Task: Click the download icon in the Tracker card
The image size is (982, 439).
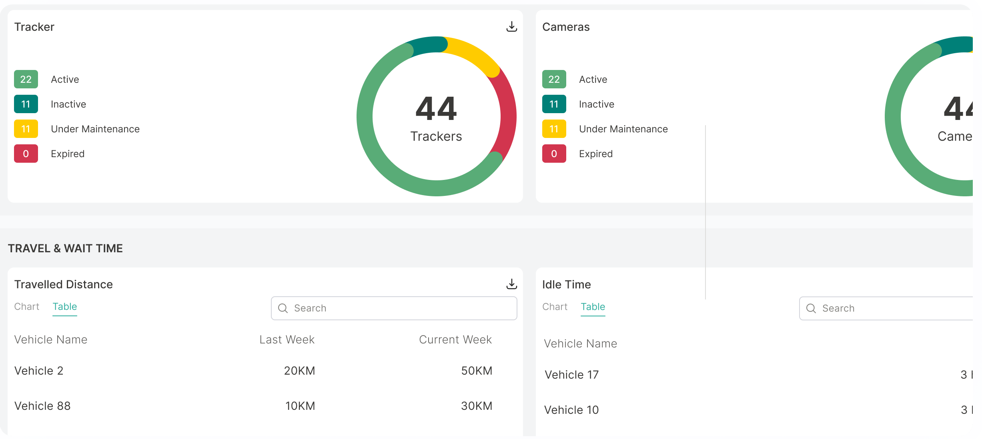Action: click(511, 27)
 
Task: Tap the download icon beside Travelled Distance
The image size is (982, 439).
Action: click(511, 284)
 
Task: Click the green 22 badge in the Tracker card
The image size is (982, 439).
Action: click(26, 79)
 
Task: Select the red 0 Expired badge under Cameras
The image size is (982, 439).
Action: click(554, 154)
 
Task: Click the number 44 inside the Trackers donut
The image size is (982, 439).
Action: click(436, 109)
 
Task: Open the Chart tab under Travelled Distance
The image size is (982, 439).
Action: click(27, 307)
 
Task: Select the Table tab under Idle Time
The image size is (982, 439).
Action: click(593, 307)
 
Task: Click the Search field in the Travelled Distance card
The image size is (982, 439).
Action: click(394, 308)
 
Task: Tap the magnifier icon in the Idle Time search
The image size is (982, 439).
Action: click(811, 308)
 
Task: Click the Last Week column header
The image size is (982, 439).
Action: click(287, 339)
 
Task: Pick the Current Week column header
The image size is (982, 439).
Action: click(455, 339)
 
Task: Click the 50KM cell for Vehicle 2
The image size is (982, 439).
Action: click(476, 371)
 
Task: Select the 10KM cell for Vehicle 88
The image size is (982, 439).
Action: click(300, 406)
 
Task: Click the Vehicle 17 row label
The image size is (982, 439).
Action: click(571, 375)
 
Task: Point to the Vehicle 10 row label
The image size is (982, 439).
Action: click(571, 410)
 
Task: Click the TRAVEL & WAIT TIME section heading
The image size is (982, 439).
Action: click(65, 248)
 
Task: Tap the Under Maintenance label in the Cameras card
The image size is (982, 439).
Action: click(623, 129)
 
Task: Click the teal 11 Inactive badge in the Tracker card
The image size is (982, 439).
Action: click(26, 104)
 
